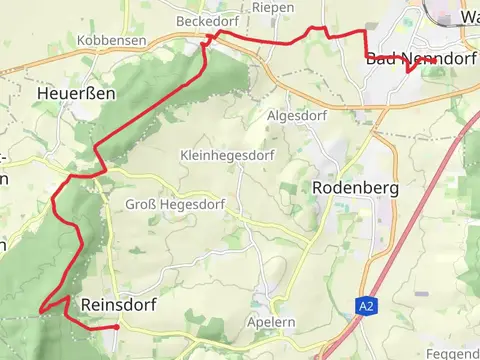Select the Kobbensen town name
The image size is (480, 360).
111,40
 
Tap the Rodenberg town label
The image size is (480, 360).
355,187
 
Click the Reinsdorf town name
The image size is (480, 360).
119,303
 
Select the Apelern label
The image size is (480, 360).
270,323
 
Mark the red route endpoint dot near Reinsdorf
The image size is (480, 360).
117,327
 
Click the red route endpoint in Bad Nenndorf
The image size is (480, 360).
433,60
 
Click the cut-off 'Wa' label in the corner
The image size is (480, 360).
469,18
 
